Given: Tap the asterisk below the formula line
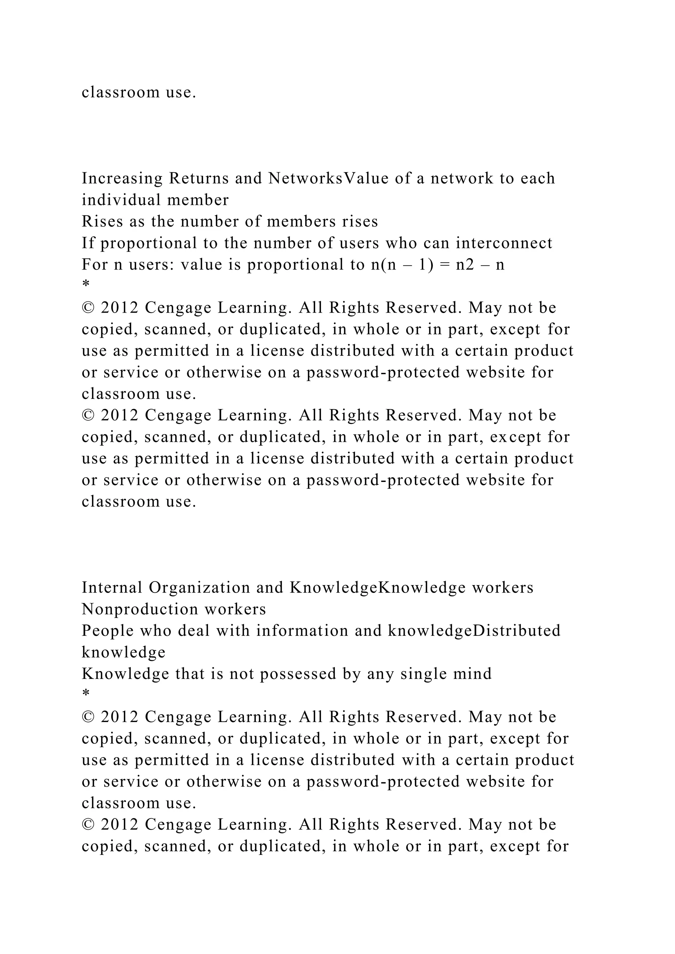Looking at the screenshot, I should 86,285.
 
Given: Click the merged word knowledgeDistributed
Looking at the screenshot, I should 474,631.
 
